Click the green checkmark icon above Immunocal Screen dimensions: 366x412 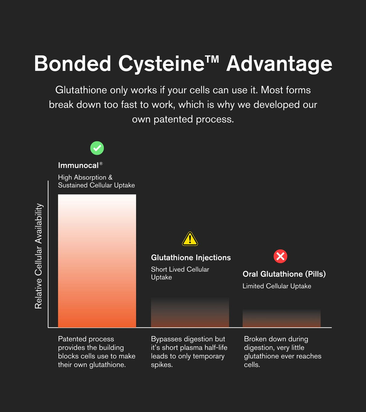click(97, 148)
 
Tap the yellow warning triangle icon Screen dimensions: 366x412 click(190, 239)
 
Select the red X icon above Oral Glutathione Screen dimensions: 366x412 click(280, 256)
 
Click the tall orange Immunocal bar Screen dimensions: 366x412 click(97, 261)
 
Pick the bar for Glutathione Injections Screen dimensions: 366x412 click(190, 312)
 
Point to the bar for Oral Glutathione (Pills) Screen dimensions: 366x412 click(282, 318)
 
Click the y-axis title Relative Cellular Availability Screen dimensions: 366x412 click(38, 256)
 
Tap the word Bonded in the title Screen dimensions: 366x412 click(73, 63)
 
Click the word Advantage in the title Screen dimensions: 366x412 click(279, 64)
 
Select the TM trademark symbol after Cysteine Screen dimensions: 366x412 click(212, 59)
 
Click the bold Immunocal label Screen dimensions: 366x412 click(78, 165)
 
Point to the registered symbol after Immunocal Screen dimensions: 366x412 click(101, 163)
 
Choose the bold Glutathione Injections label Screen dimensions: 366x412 click(191, 258)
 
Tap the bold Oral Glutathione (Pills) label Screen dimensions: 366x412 click(284, 274)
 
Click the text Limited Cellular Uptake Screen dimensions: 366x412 click(277, 286)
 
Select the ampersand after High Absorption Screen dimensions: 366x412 click(110, 177)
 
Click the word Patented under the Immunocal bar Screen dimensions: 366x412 click(72, 339)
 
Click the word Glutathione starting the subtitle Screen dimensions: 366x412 click(81, 90)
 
